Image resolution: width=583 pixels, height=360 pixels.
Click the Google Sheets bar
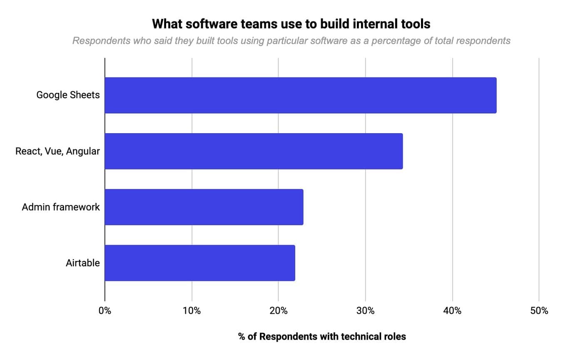click(300, 95)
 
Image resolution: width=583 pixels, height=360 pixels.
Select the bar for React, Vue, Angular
click(254, 151)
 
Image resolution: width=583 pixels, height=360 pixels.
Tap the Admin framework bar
click(204, 207)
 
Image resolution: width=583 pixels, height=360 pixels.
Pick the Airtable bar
click(199, 263)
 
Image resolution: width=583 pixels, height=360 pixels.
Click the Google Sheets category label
click(68, 95)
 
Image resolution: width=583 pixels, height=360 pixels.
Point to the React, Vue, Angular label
click(57, 151)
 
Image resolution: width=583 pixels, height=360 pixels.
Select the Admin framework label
click(61, 207)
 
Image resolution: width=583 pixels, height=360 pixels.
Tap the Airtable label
click(82, 263)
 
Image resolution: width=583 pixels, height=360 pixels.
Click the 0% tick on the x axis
click(105, 311)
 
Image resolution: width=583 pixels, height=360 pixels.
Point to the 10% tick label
click(192, 311)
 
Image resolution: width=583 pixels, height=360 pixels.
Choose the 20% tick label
click(278, 311)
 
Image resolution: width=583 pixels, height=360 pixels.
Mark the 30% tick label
click(365, 311)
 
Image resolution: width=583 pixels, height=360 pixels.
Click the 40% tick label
click(452, 311)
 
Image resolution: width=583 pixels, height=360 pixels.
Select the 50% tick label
click(539, 311)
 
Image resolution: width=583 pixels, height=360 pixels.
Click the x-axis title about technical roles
click(322, 337)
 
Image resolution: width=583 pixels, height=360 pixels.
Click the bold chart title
click(291, 24)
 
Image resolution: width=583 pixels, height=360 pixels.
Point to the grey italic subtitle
click(291, 41)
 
